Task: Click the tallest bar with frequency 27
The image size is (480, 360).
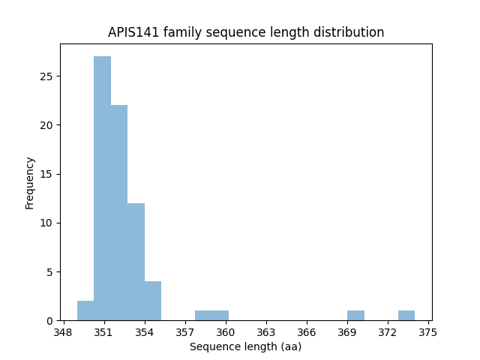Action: (102, 188)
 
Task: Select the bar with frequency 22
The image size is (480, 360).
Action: (119, 213)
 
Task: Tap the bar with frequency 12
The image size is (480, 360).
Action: (136, 262)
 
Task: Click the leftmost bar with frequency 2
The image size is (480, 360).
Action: (85, 310)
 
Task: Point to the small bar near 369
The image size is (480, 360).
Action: (355, 316)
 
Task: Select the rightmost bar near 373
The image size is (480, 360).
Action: (406, 316)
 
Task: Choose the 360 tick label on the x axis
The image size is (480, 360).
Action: (226, 331)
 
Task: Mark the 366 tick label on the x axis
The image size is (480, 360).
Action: (307, 331)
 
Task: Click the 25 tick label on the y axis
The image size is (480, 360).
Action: (46, 76)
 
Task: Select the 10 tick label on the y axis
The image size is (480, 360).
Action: (46, 223)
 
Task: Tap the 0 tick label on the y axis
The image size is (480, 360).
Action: (49, 320)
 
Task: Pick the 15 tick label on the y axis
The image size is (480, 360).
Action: (46, 174)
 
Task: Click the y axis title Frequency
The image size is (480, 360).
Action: (30, 183)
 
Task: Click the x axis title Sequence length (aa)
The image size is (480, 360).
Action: (245, 346)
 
